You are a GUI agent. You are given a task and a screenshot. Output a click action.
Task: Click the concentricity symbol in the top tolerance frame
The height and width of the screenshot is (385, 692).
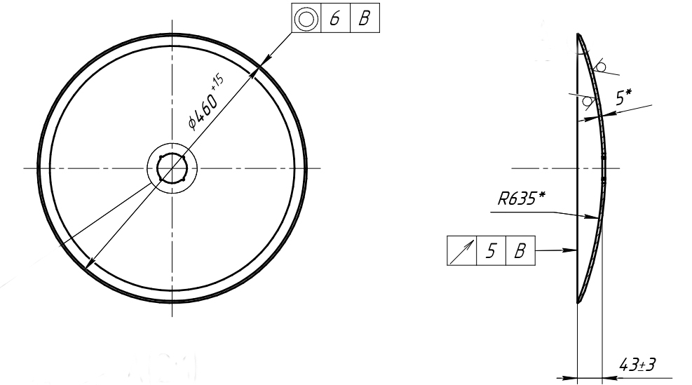306,18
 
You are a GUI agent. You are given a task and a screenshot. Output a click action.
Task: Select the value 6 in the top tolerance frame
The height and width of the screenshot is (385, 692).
335,18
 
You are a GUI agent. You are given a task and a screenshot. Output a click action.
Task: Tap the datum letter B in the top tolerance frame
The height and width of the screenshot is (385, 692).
365,18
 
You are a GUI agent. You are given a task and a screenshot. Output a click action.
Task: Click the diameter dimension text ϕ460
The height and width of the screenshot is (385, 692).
203,110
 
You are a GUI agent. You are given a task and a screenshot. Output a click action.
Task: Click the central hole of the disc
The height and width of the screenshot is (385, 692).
172,168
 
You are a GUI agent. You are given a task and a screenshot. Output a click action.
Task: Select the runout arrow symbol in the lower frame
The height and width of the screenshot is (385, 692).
461,251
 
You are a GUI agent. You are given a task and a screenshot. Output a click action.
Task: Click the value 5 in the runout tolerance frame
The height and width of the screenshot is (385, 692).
491,251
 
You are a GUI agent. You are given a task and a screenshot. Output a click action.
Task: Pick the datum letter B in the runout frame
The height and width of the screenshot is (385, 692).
520,251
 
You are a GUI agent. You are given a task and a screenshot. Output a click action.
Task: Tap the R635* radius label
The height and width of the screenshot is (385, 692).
521,198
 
